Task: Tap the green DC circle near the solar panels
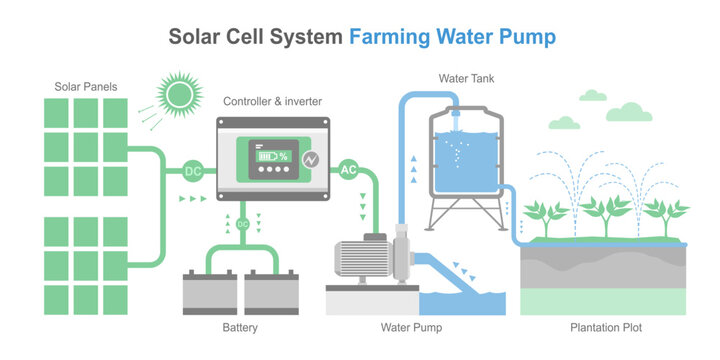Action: pos(193,171)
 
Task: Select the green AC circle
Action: pos(349,169)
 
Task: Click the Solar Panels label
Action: pos(85,87)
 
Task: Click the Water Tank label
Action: pos(466,78)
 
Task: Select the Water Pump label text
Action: pos(411,327)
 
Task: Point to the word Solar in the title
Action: pos(197,37)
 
